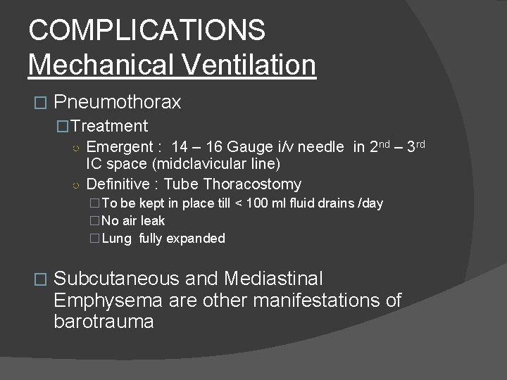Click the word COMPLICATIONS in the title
pyautogui.click(x=146, y=30)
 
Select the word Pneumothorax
pyautogui.click(x=117, y=102)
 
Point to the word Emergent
pyautogui.click(x=118, y=147)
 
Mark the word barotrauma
pyautogui.click(x=104, y=322)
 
